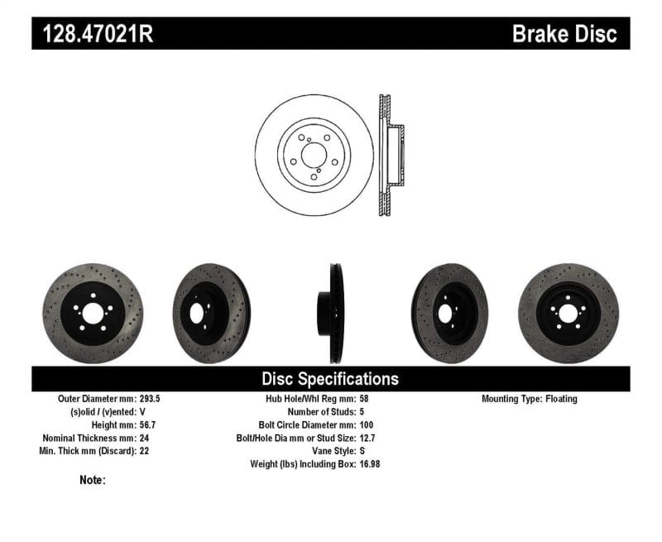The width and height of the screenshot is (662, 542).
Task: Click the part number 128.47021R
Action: point(94,34)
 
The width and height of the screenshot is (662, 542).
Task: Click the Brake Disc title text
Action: point(564,34)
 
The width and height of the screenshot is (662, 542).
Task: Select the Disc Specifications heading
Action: point(330,379)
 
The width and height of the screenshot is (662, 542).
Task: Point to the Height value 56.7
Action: point(143,425)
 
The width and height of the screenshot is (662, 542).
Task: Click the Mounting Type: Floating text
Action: point(530,399)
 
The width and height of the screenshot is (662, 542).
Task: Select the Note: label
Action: point(93,480)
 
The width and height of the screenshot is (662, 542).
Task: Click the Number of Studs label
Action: point(322,412)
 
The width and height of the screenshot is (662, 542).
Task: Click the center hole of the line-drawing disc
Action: point(313,155)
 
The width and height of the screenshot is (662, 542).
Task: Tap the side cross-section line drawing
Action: point(388,155)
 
